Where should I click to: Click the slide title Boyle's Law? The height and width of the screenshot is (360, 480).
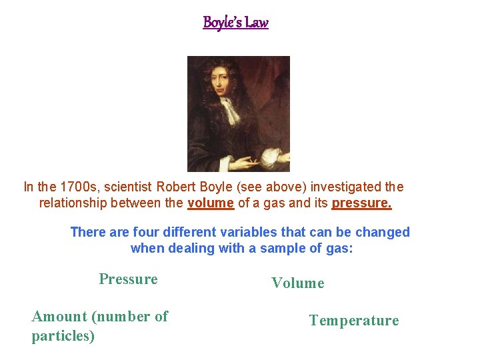235,23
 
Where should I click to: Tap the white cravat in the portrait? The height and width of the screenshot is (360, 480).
229,110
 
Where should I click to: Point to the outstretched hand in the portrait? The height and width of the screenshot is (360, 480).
243,161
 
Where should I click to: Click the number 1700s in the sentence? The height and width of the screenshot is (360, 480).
79,187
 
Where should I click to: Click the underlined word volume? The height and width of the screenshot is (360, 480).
211,203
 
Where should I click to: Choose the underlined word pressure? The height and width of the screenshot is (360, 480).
361,203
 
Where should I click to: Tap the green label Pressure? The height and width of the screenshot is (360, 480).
128,279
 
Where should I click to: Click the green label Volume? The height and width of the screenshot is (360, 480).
297,283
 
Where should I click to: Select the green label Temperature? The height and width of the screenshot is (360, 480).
354,321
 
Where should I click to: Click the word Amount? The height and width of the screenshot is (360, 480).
59,317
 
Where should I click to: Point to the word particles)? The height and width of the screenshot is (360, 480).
63,336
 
